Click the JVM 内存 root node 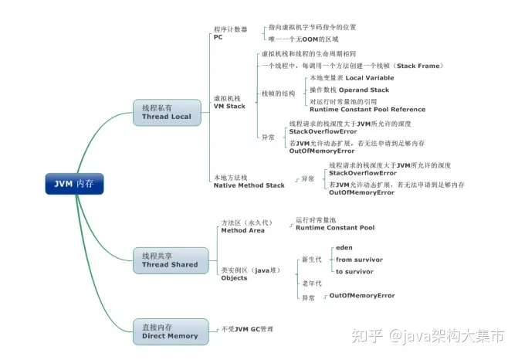pos(73,184)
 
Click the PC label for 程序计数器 pos(218,36)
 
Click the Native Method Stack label pos(249,185)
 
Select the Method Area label pos(242,230)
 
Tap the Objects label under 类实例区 pos(234,278)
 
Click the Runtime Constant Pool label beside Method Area pos(335,228)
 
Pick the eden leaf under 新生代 pos(344,247)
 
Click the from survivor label pos(359,260)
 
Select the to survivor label pos(355,271)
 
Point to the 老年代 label pos(312,284)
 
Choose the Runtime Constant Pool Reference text pos(367,110)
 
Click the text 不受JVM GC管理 pos(247,329)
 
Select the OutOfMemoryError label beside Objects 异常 pos(362,296)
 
